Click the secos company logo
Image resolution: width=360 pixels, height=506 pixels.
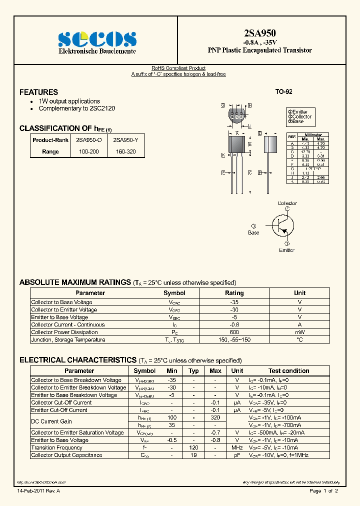(x=97, y=39)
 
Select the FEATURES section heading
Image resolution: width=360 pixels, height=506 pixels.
(x=38, y=92)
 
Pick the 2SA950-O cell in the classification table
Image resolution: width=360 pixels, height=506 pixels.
(x=88, y=140)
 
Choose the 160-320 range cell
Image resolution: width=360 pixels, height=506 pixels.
(x=125, y=151)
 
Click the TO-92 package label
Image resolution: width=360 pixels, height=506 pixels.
(x=283, y=92)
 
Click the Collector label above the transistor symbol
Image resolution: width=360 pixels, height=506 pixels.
(x=287, y=203)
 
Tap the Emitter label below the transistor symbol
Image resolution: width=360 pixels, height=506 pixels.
(x=287, y=250)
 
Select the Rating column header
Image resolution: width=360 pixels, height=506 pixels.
(x=234, y=293)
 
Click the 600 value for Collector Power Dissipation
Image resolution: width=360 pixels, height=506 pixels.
(x=234, y=332)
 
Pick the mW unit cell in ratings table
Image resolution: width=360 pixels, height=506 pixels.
(x=299, y=332)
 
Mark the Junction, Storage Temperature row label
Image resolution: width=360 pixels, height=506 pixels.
(x=68, y=340)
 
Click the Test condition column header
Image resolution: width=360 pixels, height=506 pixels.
(x=288, y=371)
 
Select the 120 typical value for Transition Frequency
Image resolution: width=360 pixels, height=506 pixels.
(x=193, y=447)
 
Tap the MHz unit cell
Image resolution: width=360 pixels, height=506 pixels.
(x=237, y=447)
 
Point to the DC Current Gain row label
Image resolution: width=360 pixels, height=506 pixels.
(x=51, y=421)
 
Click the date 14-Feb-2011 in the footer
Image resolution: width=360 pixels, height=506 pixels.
(x=30, y=491)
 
